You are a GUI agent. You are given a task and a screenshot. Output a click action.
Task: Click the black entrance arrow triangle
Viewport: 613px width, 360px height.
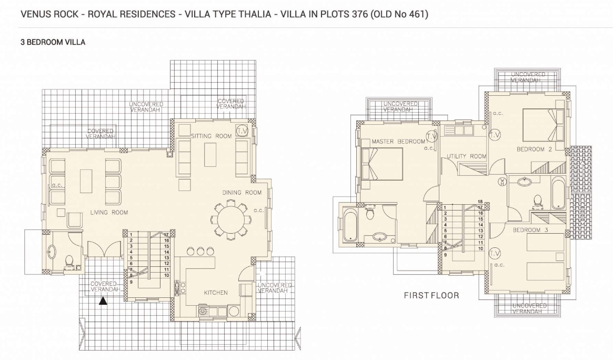click(x=103, y=301)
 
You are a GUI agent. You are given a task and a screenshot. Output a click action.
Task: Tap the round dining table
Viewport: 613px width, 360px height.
click(x=230, y=219)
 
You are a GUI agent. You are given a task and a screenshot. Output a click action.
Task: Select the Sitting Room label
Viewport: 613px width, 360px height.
click(x=211, y=136)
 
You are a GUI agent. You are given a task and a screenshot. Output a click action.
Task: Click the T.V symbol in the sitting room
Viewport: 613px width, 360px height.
click(x=243, y=131)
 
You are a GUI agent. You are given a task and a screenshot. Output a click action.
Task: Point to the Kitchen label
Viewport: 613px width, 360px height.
click(x=216, y=293)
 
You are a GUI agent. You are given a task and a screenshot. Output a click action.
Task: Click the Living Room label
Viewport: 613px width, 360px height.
click(x=109, y=212)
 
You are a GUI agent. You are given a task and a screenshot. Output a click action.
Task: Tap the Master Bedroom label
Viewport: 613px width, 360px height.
click(x=398, y=141)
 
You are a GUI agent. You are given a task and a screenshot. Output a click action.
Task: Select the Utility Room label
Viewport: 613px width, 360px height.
click(x=466, y=156)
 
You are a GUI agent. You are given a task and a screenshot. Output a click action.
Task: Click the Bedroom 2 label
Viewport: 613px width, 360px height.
click(x=534, y=149)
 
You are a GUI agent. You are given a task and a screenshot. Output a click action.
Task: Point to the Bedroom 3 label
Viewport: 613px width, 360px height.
click(x=530, y=230)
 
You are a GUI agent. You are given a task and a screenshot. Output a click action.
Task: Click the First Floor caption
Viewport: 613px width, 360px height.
click(x=431, y=295)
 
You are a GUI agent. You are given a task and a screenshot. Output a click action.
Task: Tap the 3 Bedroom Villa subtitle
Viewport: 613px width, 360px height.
click(x=53, y=42)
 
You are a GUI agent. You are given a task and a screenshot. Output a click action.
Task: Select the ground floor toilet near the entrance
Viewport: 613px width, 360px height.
click(x=69, y=261)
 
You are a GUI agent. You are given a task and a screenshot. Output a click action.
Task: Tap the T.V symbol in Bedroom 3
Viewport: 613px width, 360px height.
click(x=495, y=253)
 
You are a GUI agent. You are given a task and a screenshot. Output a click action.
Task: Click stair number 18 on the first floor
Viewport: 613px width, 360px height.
click(x=480, y=202)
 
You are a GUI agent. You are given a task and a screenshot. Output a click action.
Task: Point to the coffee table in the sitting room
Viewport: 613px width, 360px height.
click(x=210, y=154)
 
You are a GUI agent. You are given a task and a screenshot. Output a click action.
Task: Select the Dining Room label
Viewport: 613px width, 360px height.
click(x=242, y=192)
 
